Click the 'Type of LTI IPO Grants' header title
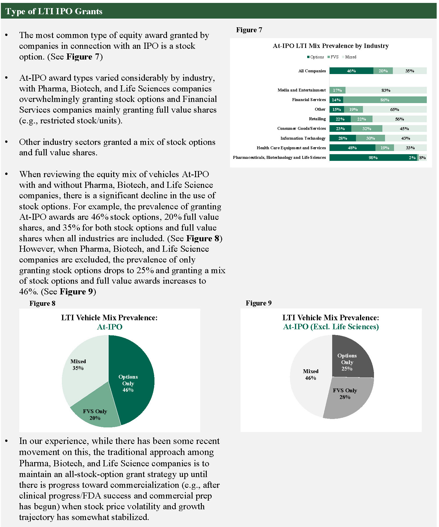point(54,11)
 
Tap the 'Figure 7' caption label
point(249,30)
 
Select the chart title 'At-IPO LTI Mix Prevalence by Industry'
point(330,46)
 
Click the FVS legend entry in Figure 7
point(333,57)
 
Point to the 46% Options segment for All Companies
point(351,71)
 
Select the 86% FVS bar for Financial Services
point(385,100)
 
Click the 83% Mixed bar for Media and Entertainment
point(386,90)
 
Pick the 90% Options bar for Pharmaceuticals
point(373,158)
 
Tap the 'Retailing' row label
point(317,119)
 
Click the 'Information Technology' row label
point(303,138)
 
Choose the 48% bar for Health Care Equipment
point(352,148)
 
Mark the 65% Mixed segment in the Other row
point(394,109)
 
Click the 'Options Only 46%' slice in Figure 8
point(131,383)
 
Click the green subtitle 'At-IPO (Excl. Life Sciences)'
point(331,327)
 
